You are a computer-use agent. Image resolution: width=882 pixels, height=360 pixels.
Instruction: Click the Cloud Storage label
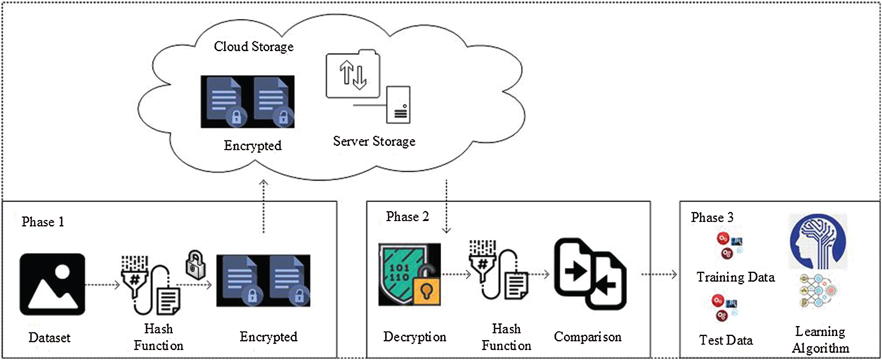(254, 47)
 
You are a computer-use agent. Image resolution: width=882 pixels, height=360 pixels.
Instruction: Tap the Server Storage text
(374, 141)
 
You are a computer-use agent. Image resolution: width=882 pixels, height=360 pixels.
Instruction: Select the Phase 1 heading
(43, 222)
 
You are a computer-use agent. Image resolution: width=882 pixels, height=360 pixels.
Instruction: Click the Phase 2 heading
(407, 216)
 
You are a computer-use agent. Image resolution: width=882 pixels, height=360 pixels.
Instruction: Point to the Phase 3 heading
(712, 217)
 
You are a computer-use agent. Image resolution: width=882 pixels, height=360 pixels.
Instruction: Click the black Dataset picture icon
(52, 284)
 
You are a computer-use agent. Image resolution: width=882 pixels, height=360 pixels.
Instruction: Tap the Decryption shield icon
(409, 274)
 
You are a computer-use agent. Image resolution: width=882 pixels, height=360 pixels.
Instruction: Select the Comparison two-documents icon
(590, 274)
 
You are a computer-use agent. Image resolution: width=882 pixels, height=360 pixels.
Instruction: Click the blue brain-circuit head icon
(818, 242)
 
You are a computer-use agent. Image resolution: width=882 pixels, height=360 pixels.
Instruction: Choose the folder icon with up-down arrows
(353, 75)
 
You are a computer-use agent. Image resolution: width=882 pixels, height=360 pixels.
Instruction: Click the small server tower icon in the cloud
(398, 105)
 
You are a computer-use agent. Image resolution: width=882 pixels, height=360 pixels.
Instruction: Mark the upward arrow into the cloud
(264, 206)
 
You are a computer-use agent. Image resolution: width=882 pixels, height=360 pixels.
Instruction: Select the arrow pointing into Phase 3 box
(659, 274)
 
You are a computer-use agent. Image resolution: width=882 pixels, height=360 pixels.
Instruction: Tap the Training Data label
(735, 277)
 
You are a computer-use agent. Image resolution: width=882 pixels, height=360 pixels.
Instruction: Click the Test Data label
(726, 340)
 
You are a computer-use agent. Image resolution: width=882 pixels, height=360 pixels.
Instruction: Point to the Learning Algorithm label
(820, 340)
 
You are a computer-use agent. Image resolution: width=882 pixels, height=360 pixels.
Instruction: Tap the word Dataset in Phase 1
(49, 338)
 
